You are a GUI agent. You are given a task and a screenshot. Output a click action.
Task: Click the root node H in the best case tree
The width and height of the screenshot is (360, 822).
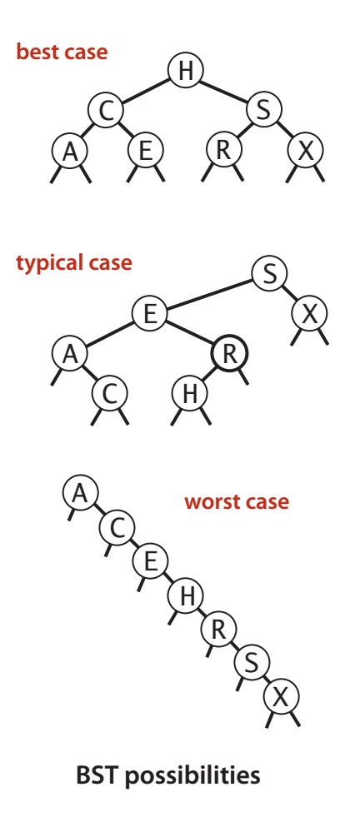tap(185, 70)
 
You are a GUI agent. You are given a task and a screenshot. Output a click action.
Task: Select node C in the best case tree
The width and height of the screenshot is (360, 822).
tap(106, 111)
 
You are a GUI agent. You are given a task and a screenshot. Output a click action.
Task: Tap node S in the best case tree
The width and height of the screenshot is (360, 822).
tap(264, 110)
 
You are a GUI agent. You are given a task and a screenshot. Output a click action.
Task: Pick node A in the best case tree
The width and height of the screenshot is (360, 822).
tap(70, 151)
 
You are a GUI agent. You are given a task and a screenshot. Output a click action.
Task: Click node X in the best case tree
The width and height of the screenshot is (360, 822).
tap(306, 151)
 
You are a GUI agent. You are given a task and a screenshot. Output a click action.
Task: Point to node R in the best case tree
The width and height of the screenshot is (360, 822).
tap(224, 151)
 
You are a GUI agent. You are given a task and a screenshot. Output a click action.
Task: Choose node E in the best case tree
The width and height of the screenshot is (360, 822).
tap(146, 151)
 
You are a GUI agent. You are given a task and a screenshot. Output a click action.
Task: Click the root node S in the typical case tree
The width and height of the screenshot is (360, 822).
tap(269, 274)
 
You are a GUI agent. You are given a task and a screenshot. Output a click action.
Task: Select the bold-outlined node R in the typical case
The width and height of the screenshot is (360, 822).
tap(229, 355)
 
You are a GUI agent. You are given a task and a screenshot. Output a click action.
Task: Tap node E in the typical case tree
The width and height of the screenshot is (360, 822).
tap(149, 314)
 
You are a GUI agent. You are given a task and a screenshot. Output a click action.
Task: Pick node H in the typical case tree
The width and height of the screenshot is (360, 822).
tap(190, 394)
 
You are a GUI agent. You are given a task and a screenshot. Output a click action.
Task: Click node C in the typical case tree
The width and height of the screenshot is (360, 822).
tap(110, 394)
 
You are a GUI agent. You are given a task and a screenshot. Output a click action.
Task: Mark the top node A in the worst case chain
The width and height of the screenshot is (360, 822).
tap(80, 493)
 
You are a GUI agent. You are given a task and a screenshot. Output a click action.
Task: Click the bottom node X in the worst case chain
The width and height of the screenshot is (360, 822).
tap(281, 697)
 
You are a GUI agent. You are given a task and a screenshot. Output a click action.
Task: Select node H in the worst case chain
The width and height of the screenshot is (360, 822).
tap(186, 595)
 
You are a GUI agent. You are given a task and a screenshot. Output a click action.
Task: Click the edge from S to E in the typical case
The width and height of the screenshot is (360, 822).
tap(210, 294)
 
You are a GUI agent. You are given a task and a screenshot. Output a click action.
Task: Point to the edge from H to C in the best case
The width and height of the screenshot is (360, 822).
tap(146, 90)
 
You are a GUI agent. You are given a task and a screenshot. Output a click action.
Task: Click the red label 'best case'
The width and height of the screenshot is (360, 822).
tap(62, 52)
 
